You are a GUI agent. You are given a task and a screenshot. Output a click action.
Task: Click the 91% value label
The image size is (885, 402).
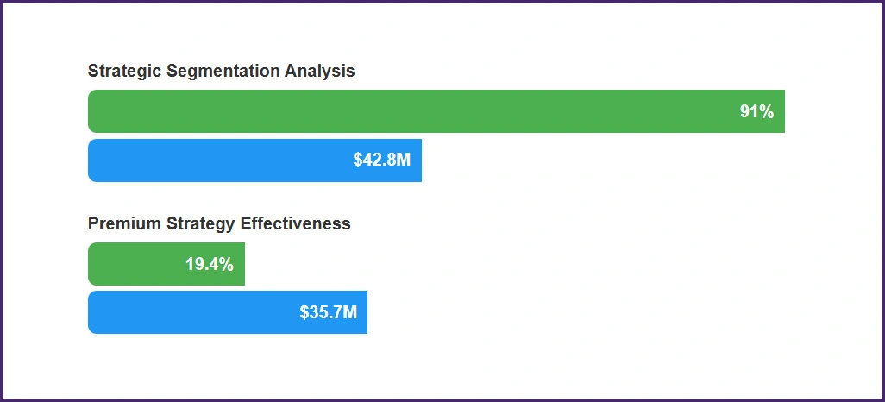[x=756, y=111]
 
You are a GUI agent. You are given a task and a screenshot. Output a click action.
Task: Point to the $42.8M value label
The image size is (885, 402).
[x=381, y=160]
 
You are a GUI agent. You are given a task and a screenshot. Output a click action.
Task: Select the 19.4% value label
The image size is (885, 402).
[x=209, y=264]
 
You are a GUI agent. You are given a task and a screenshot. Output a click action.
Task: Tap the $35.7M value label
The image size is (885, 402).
[x=328, y=312]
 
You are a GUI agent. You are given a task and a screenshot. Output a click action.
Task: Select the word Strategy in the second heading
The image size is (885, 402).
[x=200, y=223]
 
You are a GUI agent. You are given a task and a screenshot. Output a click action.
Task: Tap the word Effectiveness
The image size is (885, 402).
[x=296, y=223]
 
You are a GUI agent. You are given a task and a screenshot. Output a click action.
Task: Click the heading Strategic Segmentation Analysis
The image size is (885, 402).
[x=221, y=72]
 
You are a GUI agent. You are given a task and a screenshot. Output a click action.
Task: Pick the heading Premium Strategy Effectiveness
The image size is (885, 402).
[x=219, y=223]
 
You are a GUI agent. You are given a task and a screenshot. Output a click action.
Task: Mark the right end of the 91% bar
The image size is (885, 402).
[x=782, y=111]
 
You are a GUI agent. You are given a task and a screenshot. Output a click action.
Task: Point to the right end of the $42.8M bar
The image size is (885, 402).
[x=419, y=160]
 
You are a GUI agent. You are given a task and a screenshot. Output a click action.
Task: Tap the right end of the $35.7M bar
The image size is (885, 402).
[x=365, y=312]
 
